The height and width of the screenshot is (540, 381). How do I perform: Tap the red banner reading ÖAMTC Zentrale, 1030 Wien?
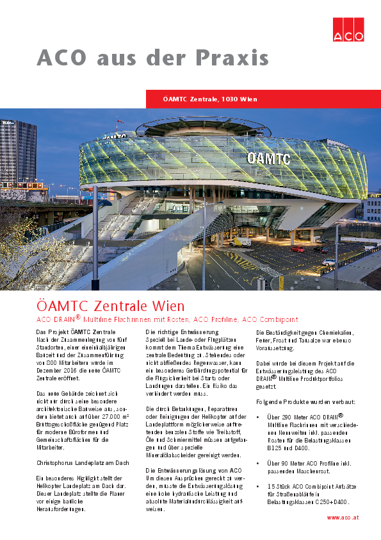[211, 99]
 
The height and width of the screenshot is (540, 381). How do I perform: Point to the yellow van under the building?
[241, 242]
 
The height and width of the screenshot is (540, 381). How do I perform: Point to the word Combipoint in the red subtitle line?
[279, 319]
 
